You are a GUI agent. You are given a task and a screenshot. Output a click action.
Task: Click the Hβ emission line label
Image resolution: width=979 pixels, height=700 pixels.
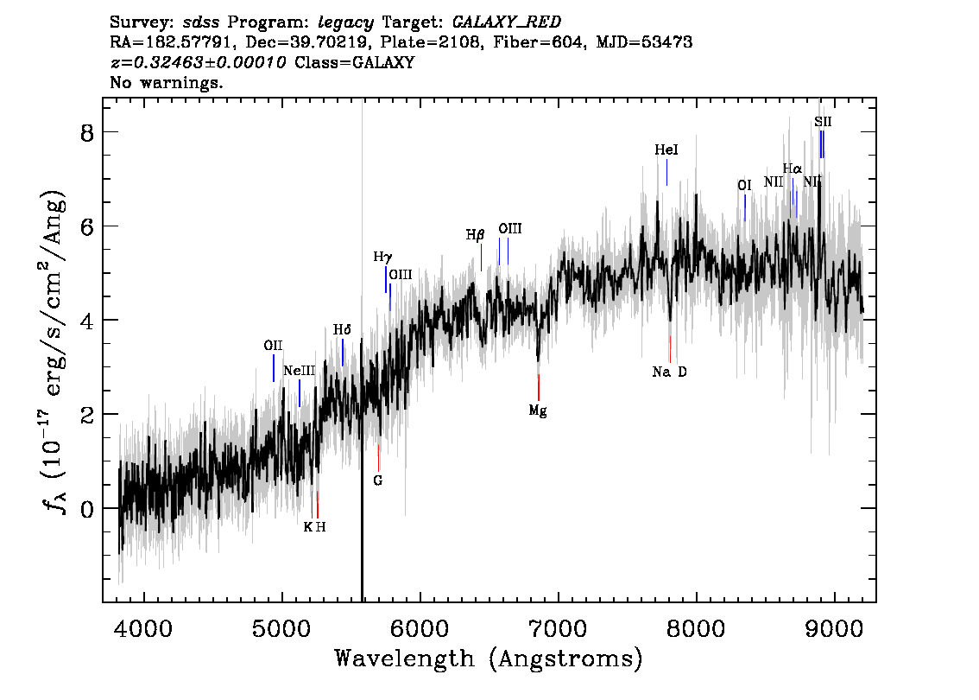click(x=475, y=236)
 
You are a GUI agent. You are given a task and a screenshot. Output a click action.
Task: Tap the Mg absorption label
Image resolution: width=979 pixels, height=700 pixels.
click(x=538, y=410)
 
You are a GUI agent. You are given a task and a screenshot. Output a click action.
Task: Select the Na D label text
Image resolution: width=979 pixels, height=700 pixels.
click(x=669, y=372)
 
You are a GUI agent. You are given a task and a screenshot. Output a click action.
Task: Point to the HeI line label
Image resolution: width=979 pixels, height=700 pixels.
click(x=666, y=150)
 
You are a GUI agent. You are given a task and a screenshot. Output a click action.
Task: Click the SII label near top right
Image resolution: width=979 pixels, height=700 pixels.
click(x=823, y=122)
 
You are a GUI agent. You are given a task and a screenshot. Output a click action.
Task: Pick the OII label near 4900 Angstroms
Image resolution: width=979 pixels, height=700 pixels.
click(x=273, y=346)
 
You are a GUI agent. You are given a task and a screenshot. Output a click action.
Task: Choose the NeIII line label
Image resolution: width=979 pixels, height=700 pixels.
click(x=299, y=371)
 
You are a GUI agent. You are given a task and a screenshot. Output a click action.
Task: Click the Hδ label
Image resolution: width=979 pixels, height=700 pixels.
click(x=342, y=330)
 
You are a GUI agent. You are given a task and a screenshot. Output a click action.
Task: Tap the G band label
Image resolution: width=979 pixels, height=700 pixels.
click(x=378, y=480)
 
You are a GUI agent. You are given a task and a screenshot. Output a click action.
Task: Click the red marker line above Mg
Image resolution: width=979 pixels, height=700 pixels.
click(x=538, y=387)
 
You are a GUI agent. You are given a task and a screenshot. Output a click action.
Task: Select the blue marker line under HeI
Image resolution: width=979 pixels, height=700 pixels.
click(x=666, y=173)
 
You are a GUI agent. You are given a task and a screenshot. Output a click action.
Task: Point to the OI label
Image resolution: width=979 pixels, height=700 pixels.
click(x=744, y=186)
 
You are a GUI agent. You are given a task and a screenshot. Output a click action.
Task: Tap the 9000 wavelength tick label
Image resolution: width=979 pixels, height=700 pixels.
click(x=833, y=628)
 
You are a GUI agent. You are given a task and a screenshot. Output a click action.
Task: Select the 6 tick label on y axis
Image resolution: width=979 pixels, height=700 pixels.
click(x=87, y=226)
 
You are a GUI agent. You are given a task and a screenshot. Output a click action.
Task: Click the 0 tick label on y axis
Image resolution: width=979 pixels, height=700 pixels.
click(x=87, y=509)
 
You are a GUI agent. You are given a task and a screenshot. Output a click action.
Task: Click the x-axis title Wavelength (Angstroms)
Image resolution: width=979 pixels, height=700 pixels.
click(x=489, y=659)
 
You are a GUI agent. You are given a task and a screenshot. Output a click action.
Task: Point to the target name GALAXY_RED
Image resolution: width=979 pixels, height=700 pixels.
click(x=507, y=22)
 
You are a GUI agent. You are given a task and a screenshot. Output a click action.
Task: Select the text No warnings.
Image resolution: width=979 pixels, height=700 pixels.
click(x=166, y=82)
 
